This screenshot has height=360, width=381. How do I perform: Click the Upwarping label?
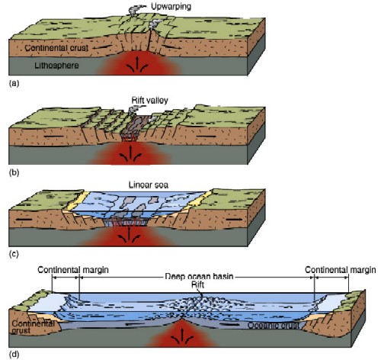pos(171,7)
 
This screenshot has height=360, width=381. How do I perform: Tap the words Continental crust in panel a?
pos(56,48)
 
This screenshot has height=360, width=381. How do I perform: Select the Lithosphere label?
pos(56,66)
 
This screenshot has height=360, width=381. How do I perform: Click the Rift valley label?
pos(149,100)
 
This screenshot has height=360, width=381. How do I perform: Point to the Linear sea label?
pos(149,185)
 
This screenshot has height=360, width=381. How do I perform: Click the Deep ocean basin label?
pos(199,276)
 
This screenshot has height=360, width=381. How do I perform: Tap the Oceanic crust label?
pos(274,326)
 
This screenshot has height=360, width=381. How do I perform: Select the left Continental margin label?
pos(73,270)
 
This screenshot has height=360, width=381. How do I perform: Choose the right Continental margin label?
pos(341,270)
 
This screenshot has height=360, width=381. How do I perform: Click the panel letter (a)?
pos(14,83)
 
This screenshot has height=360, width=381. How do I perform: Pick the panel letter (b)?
pos(14,172)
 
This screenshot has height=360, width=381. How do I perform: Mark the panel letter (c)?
pos(14,254)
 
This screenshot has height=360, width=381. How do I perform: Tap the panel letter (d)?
pos(14,354)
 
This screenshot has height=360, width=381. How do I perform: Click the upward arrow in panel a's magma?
pos(137,63)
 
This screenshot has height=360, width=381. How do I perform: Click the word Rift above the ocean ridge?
pos(197,284)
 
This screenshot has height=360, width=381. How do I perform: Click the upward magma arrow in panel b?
pos(130,152)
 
